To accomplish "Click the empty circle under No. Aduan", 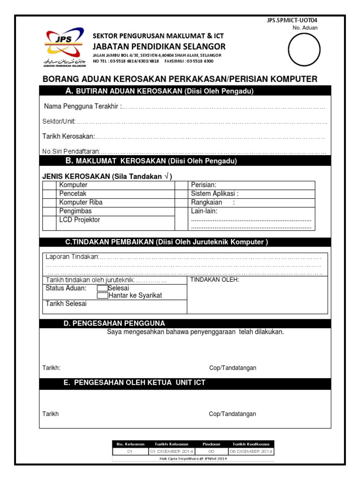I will [x=304, y=50].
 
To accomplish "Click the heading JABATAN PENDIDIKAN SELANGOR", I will [x=159, y=46].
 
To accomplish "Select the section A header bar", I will [x=185, y=91].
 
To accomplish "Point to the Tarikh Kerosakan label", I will [x=68, y=137].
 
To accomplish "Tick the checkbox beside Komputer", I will [x=49, y=185].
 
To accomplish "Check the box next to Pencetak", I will [x=49, y=194].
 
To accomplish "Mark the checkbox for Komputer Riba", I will [x=49, y=202].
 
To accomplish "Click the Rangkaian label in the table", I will [x=206, y=202].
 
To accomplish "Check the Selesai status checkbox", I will [x=102, y=288].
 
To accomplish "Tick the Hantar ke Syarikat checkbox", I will [x=102, y=296].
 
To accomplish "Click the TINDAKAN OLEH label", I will [x=215, y=280].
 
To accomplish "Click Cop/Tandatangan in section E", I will [x=232, y=414].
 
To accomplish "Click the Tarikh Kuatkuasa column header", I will [x=251, y=443].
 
